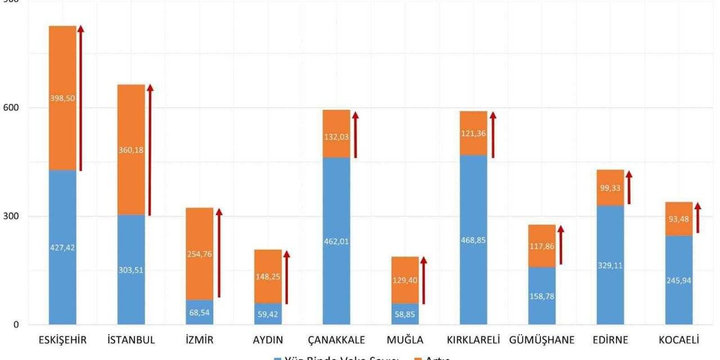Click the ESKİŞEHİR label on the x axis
pos(62,340)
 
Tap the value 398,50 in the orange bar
pos(62,98)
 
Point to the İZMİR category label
pos(199,340)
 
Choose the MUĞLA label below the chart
pos(405,340)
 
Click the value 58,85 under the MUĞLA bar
pos(405,315)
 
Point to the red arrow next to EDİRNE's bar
pos(629,188)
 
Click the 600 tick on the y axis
pos(11,107)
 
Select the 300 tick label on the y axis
pos(11,216)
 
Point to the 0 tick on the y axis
pos(16,325)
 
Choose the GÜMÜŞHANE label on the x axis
pos(542,340)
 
